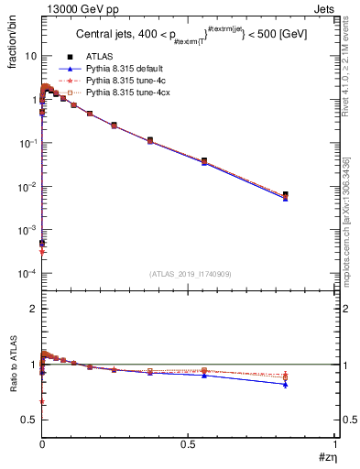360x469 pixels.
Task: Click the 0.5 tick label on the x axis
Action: [188, 443]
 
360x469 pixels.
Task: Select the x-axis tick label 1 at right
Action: [334, 443]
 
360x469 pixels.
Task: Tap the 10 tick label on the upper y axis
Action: [30, 56]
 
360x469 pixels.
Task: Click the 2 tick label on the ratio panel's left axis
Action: [34, 309]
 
